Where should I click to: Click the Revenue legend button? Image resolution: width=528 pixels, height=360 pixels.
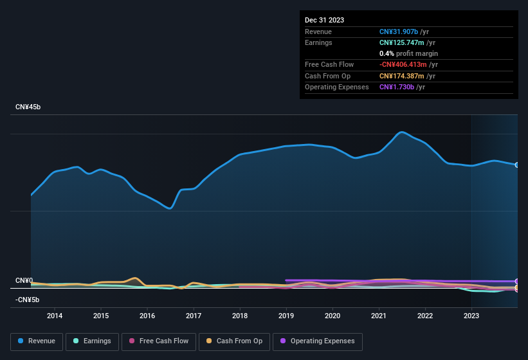(x=37, y=341)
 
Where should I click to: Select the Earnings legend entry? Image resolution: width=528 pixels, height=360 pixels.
(x=92, y=341)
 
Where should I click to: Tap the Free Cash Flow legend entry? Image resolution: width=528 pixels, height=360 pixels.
(x=159, y=341)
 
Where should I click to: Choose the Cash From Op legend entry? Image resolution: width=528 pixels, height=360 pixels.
(x=233, y=341)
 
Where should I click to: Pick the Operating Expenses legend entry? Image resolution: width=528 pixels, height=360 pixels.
(x=318, y=341)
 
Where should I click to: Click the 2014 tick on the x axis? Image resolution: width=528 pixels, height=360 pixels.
(x=55, y=316)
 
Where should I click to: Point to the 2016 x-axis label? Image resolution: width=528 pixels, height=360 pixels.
(x=147, y=316)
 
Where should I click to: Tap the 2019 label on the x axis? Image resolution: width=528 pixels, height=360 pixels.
(x=286, y=316)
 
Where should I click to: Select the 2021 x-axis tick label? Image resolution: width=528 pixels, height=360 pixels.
(x=379, y=316)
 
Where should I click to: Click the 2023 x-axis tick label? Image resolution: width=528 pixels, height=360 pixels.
(x=471, y=316)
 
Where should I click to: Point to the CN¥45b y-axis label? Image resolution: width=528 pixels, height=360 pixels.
(x=28, y=107)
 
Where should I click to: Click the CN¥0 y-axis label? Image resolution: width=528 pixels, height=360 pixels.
(x=24, y=281)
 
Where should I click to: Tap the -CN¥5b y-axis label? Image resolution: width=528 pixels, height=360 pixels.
(x=28, y=300)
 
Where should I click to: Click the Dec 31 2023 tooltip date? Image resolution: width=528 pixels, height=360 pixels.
(x=324, y=20)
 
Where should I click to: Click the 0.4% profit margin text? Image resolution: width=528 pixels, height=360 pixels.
(x=408, y=53)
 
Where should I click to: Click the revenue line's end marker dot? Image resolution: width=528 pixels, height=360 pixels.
(x=517, y=165)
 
